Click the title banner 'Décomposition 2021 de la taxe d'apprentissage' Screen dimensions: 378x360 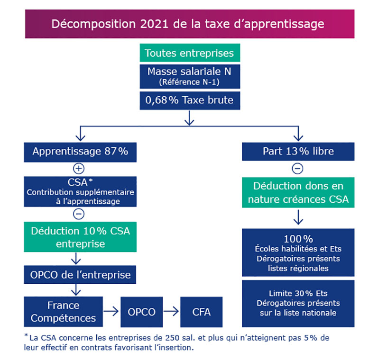(190, 24)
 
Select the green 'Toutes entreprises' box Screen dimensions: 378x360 (190, 53)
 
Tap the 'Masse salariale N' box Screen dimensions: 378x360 (190, 76)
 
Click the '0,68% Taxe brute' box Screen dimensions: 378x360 (190, 100)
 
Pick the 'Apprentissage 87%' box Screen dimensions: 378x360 (80, 152)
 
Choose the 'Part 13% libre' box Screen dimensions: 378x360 (298, 152)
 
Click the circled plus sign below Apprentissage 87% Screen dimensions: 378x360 (79, 169)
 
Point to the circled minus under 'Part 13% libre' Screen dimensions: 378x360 (297, 169)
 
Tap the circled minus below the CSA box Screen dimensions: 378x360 (79, 214)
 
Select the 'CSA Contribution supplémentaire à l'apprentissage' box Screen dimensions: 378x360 (80, 191)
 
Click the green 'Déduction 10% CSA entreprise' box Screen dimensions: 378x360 (80, 237)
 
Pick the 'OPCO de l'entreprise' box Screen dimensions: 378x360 (80, 275)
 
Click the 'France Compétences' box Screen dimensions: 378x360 (63, 312)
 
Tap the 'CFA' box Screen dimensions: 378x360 (201, 312)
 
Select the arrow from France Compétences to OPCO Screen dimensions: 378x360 (111, 311)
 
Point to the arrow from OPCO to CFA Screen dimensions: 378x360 (171, 311)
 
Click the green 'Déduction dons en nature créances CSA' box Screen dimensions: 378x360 (298, 192)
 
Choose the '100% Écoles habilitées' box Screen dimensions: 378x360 (298, 252)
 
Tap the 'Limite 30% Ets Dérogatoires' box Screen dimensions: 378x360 (298, 304)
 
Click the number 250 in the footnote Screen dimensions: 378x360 (172, 338)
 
